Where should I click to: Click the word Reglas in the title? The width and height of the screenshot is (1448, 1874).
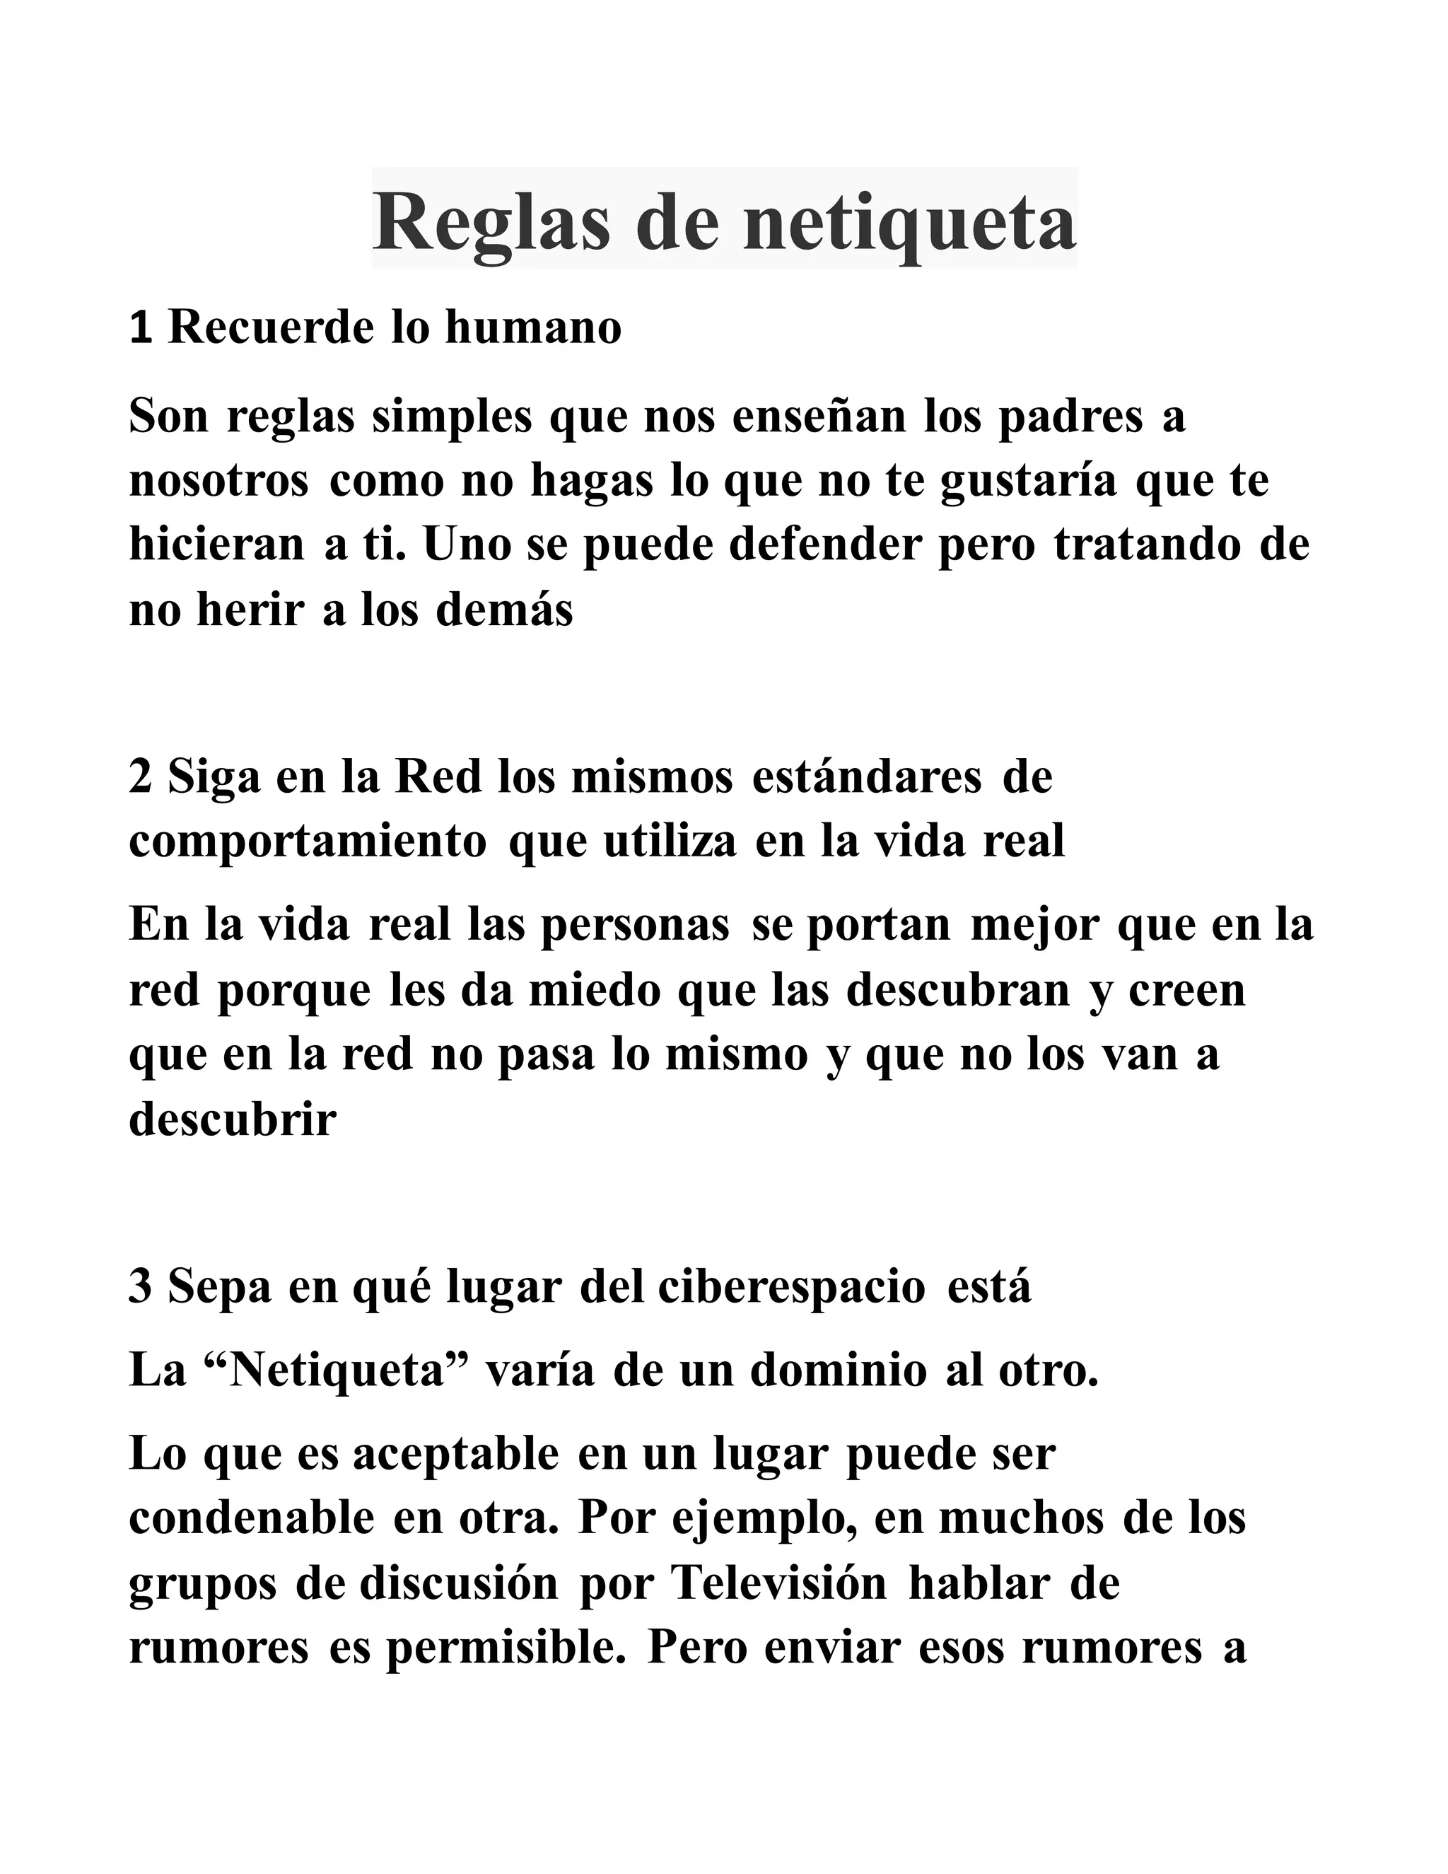click(491, 223)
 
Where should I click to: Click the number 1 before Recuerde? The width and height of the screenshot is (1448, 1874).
click(141, 328)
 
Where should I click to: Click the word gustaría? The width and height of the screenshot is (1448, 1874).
click(1029, 482)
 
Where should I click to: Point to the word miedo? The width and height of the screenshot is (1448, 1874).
click(594, 991)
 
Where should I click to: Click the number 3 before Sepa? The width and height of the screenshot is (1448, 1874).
click(141, 1287)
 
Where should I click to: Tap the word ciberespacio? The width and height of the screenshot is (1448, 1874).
click(792, 1287)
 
